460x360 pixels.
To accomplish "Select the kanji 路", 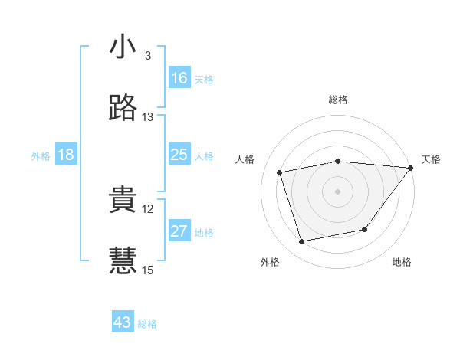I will pyautogui.click(x=123, y=108).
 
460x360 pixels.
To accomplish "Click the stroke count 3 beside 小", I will pyautogui.click(x=148, y=56).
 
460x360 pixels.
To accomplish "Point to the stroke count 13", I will pyautogui.click(x=148, y=117).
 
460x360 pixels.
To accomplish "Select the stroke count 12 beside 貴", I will pyautogui.click(x=148, y=208).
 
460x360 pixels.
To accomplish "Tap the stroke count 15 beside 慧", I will pyautogui.click(x=148, y=270).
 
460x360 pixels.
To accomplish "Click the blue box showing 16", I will pyautogui.click(x=179, y=78).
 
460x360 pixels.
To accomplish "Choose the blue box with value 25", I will pyautogui.click(x=179, y=155).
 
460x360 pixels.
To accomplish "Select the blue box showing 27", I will pyautogui.click(x=179, y=231).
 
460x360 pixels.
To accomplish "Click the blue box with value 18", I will pyautogui.click(x=66, y=155).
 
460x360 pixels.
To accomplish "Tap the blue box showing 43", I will pyautogui.click(x=123, y=322).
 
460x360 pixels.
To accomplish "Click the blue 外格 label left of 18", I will pyautogui.click(x=41, y=156).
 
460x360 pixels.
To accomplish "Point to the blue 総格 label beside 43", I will pyautogui.click(x=147, y=324).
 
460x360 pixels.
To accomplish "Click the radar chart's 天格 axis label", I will pyautogui.click(x=432, y=159).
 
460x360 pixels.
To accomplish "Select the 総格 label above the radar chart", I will pyautogui.click(x=338, y=100).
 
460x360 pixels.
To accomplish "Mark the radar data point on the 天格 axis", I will pyautogui.click(x=411, y=168).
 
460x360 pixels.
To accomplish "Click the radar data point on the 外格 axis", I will pyautogui.click(x=302, y=242).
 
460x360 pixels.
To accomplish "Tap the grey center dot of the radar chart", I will pyautogui.click(x=338, y=191).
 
